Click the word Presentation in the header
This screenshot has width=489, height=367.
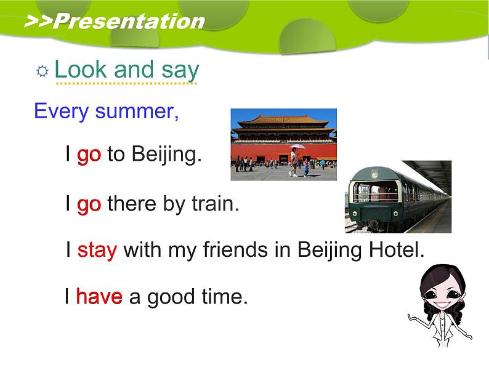(x=129, y=22)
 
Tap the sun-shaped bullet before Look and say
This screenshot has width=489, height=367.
(x=42, y=71)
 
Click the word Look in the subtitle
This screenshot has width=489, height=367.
(x=81, y=69)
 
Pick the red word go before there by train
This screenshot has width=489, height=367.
(x=89, y=204)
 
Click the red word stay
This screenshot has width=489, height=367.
(x=97, y=251)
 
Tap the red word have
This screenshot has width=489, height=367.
(x=99, y=296)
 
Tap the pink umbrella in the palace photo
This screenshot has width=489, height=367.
(x=297, y=146)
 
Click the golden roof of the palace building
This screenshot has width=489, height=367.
(x=283, y=119)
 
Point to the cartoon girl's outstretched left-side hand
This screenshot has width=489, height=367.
(x=411, y=317)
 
